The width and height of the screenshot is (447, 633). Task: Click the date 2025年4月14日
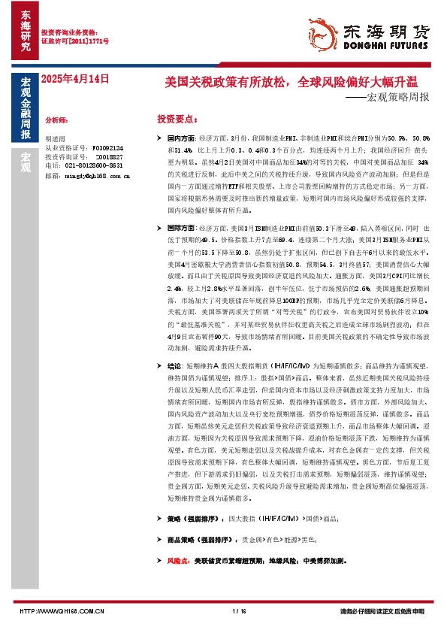click(75, 77)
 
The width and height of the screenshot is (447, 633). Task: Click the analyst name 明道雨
click(56, 140)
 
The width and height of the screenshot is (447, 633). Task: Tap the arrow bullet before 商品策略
click(159, 540)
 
